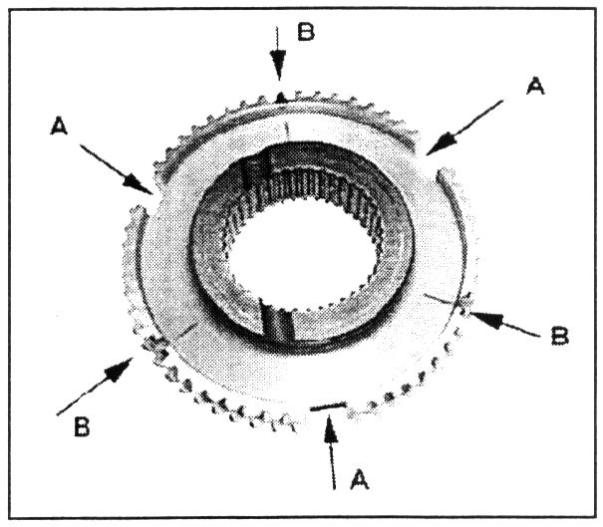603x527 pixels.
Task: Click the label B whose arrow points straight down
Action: click(x=306, y=31)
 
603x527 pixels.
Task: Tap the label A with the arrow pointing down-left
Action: click(x=535, y=88)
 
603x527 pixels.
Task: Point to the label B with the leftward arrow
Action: click(x=559, y=335)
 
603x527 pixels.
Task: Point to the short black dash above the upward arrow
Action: click(x=328, y=406)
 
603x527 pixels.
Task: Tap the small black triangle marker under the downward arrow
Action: click(x=281, y=97)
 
